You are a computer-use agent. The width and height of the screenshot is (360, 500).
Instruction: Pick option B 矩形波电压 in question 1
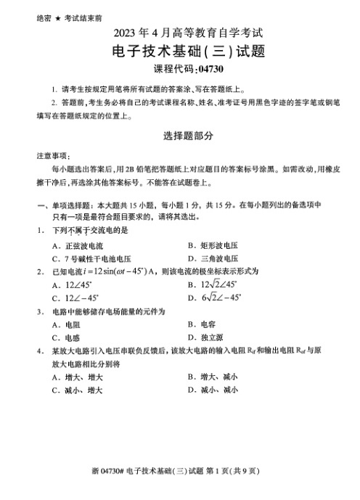coord(213,246)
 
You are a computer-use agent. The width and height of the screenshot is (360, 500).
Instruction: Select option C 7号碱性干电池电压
coord(91,258)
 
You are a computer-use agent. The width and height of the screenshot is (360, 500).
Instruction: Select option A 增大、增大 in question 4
coord(77,377)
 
